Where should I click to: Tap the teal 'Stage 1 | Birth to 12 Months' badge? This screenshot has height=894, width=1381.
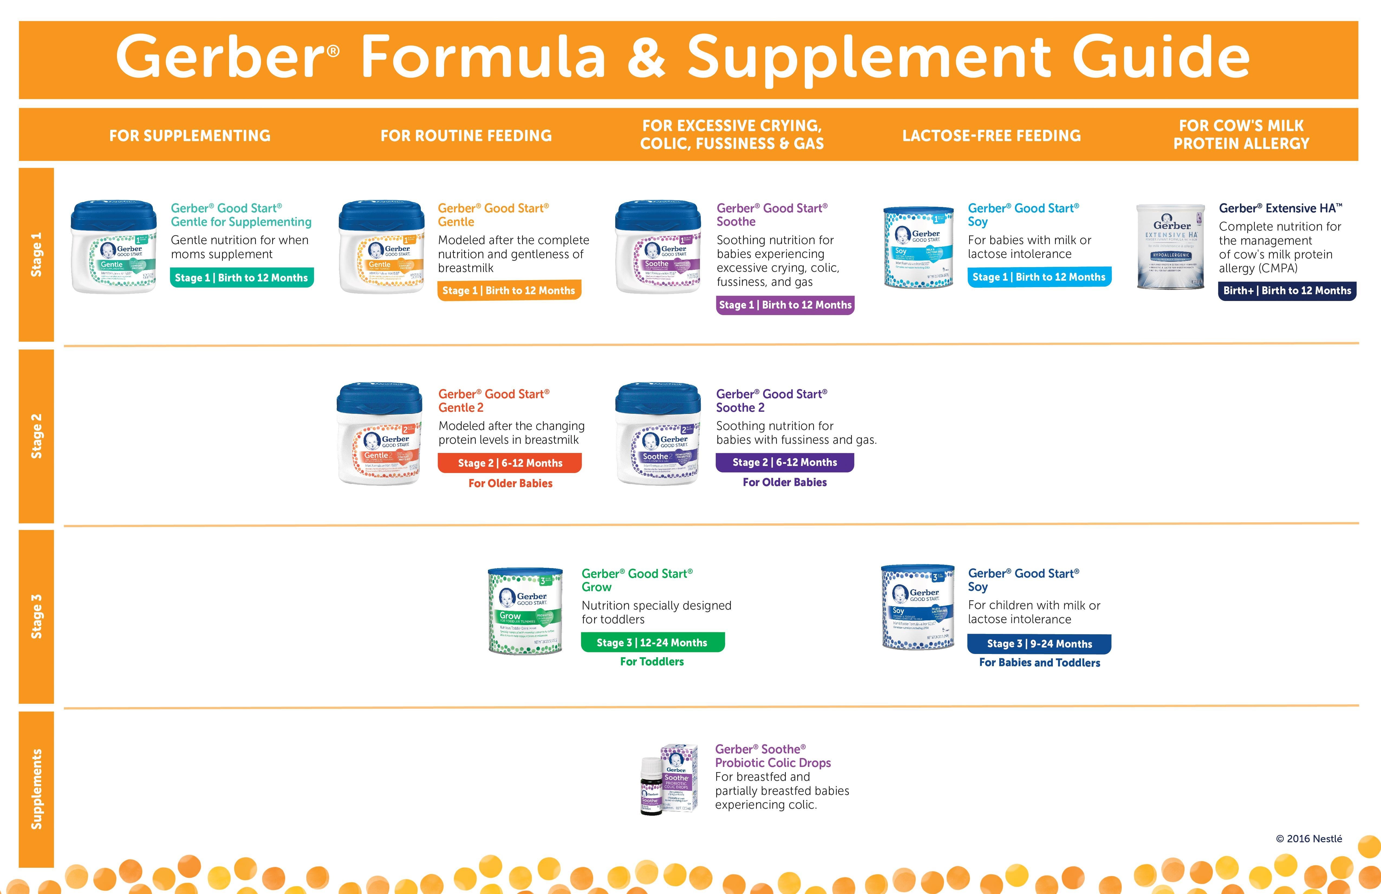tap(241, 277)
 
